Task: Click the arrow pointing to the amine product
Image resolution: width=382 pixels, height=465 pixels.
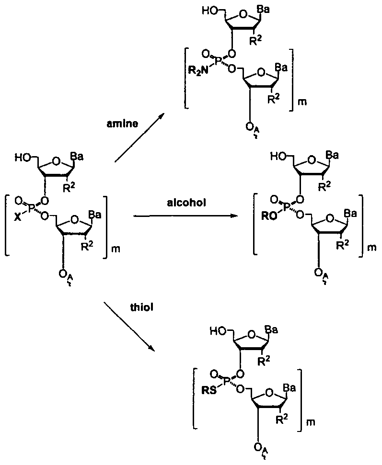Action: pyautogui.click(x=139, y=138)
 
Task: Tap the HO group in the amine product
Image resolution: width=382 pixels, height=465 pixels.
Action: pyautogui.click(x=209, y=9)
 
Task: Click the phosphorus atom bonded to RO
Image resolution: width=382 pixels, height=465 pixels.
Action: pyautogui.click(x=286, y=207)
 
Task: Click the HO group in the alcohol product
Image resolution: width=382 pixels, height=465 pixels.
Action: pyautogui.click(x=278, y=156)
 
